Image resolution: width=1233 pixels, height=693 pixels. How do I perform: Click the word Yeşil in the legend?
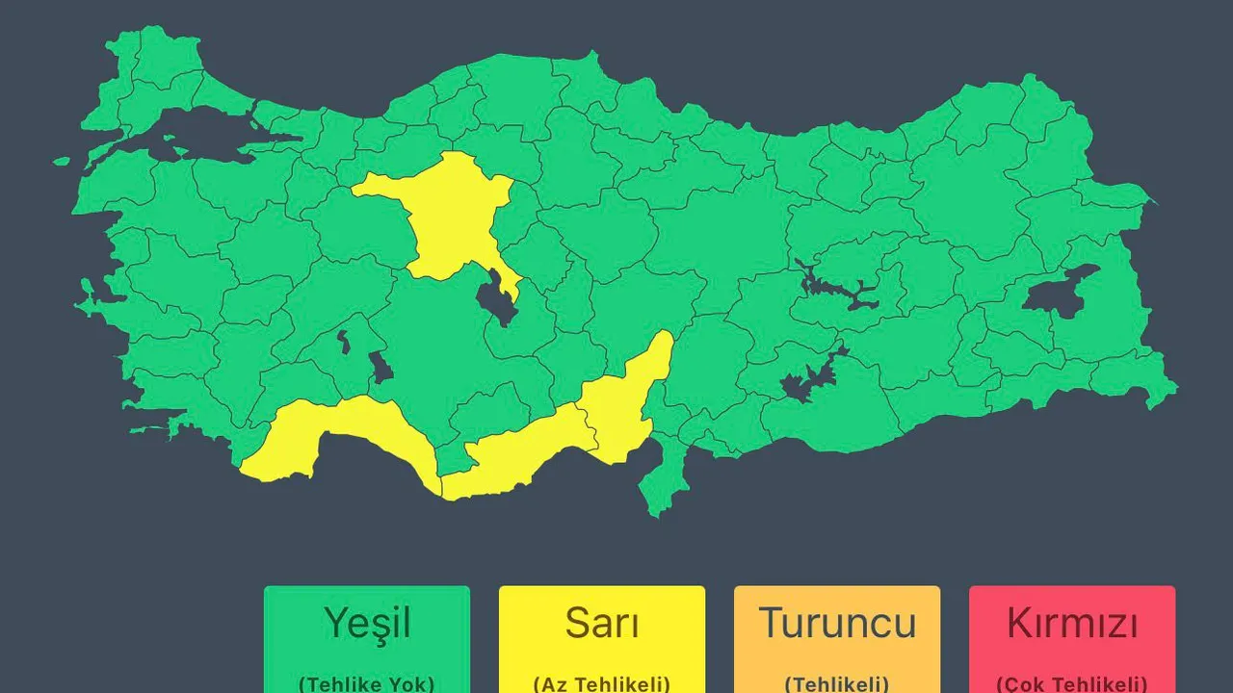[367, 624]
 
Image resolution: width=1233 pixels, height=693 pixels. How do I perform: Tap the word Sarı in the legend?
[601, 624]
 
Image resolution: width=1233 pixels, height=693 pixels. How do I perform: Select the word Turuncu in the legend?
[836, 624]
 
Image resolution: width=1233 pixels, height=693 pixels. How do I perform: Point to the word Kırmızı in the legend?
[1071, 624]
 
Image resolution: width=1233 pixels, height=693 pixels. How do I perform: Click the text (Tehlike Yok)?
[367, 683]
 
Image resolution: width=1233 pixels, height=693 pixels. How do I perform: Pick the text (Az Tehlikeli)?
[601, 683]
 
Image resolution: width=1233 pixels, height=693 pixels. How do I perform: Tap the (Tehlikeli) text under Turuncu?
[836, 683]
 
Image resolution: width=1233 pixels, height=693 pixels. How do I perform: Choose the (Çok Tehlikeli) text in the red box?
[1071, 683]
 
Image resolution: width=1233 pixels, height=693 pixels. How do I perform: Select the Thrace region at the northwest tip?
[154, 77]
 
